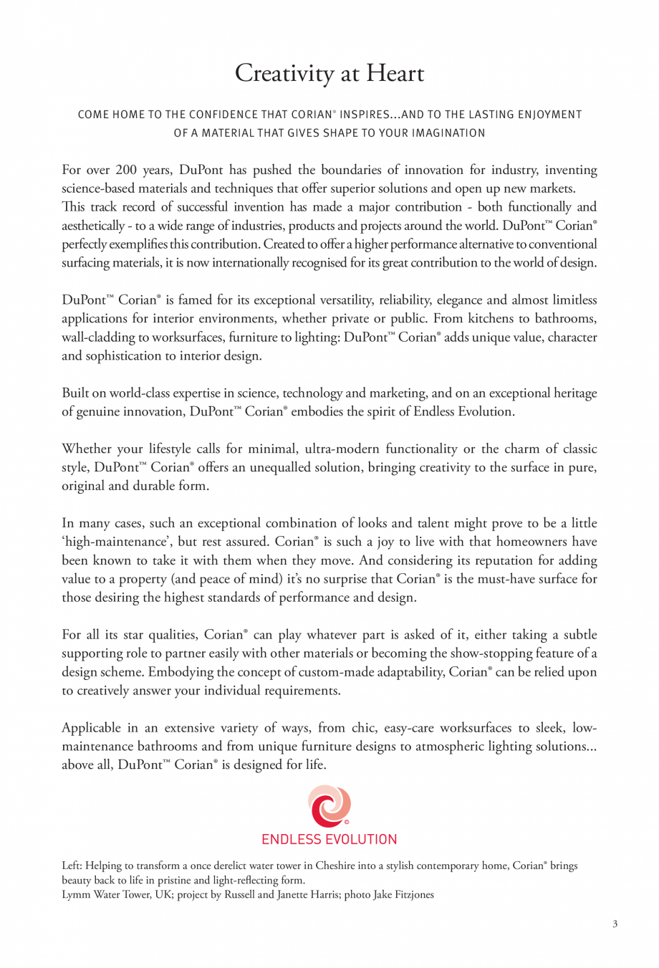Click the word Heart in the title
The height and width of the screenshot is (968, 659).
(x=395, y=73)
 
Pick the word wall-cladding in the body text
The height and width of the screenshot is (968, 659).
(x=98, y=337)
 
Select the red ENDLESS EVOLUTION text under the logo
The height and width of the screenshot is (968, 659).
(x=329, y=839)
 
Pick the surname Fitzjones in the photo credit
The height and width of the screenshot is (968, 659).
(x=413, y=894)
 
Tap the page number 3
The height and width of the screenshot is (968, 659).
(x=615, y=924)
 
